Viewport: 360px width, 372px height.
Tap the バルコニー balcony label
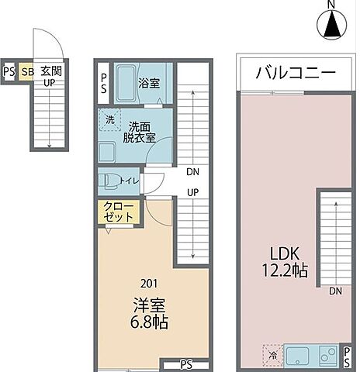pos(295,75)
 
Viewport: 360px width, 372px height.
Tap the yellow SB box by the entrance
pos(26,72)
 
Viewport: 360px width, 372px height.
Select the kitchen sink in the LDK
pos(299,356)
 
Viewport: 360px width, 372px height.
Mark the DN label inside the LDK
pos(335,291)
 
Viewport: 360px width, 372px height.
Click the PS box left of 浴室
pos(105,82)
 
